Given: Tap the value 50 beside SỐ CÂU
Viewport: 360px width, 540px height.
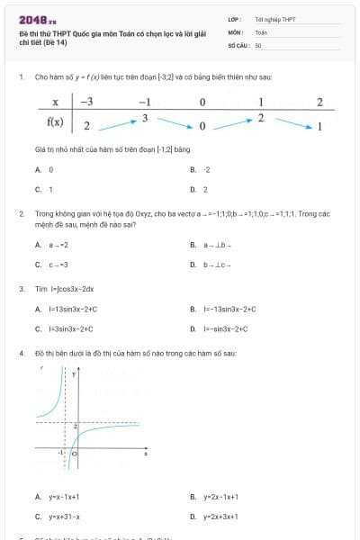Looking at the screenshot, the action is (x=258, y=45).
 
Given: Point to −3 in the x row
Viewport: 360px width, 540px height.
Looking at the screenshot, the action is (x=86, y=102).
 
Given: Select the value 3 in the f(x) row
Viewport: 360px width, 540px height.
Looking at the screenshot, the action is (x=144, y=118).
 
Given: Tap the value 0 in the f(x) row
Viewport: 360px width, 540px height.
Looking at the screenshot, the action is (x=202, y=125).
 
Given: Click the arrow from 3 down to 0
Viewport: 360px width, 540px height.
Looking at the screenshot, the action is (x=174, y=121).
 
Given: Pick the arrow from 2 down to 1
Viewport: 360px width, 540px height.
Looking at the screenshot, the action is (x=290, y=121).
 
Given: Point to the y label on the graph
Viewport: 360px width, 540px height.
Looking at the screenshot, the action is (x=76, y=373).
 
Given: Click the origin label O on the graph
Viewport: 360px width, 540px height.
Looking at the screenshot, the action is (x=75, y=456).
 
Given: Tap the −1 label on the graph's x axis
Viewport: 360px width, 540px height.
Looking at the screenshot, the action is (x=60, y=453).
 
